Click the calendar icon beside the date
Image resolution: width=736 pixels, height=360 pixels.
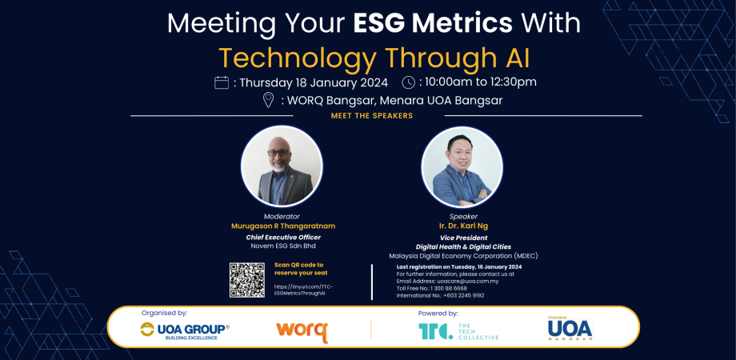pyautogui.click(x=222, y=82)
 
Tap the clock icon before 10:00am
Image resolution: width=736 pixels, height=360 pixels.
pyautogui.click(x=408, y=82)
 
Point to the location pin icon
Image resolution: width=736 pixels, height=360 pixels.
pyautogui.click(x=269, y=100)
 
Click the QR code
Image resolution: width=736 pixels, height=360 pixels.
pyautogui.click(x=246, y=280)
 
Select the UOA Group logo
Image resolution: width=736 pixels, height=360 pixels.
pyautogui.click(x=185, y=330)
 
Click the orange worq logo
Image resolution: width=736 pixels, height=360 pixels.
pyautogui.click(x=302, y=331)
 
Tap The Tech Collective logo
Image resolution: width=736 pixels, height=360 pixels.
pyautogui.click(x=458, y=331)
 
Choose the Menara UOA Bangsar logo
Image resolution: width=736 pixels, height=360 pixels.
pyautogui.click(x=570, y=329)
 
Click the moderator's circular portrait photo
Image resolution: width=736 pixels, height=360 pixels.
pyautogui.click(x=282, y=166)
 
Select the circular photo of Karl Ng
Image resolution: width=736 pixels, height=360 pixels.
pyautogui.click(x=462, y=166)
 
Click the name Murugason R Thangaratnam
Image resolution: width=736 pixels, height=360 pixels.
pyautogui.click(x=282, y=226)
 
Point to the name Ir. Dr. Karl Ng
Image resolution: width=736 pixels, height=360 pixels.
pyautogui.click(x=463, y=226)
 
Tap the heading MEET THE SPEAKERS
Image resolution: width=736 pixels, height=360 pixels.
pyautogui.click(x=371, y=116)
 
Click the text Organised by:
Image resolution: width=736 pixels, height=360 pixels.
pyautogui.click(x=164, y=314)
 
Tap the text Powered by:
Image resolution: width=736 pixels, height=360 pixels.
pyautogui.click(x=438, y=314)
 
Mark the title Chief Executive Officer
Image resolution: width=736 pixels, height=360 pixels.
pyautogui.click(x=282, y=238)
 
